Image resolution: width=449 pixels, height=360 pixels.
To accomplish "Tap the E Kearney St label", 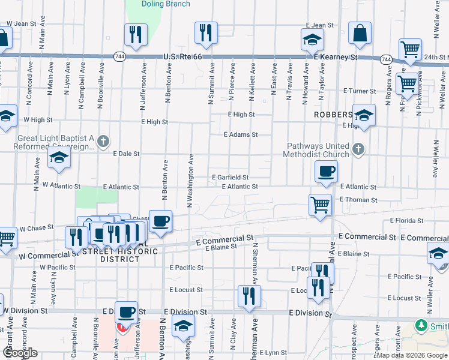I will pyautogui.click(x=336, y=58).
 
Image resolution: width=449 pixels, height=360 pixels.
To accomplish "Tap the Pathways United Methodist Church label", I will pyautogui.click(x=317, y=150).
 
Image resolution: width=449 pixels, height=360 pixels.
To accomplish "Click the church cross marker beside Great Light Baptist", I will pyautogui.click(x=103, y=142).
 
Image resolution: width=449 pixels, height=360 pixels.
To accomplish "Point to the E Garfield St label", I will pyautogui.click(x=231, y=177).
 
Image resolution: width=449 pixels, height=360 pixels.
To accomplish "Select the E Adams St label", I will pyautogui.click(x=240, y=135).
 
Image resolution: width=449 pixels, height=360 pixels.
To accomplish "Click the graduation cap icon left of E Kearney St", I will pyautogui.click(x=312, y=40).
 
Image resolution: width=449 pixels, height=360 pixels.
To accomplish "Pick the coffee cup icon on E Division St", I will pyautogui.click(x=127, y=312).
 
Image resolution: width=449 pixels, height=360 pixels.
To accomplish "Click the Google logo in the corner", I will pyautogui.click(x=20, y=353).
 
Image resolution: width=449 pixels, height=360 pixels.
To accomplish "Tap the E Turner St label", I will pyautogui.click(x=360, y=91).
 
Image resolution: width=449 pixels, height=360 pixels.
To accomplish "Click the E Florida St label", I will pyautogui.click(x=406, y=221).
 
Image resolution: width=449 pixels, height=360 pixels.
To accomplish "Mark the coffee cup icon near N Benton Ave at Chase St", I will pyautogui.click(x=161, y=221).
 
